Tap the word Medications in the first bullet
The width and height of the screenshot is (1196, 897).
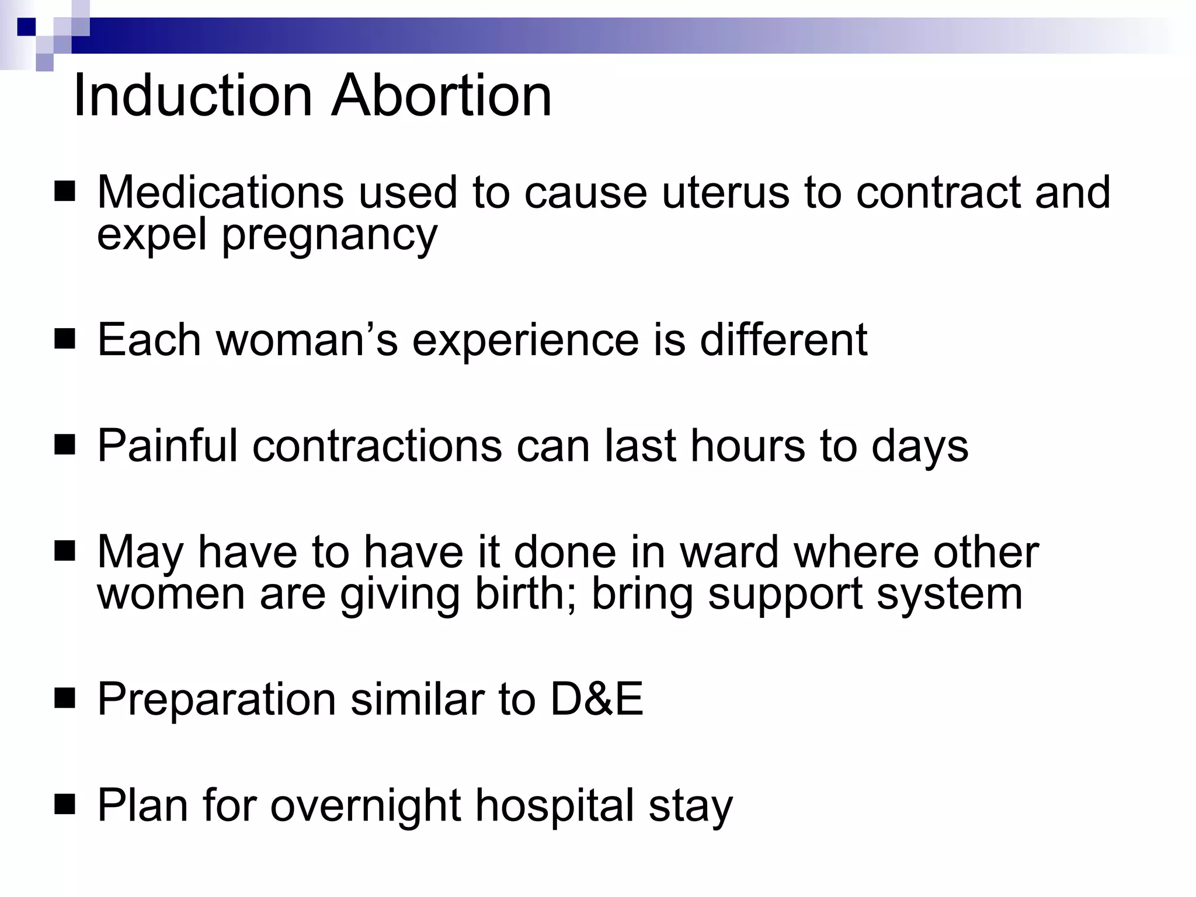(x=220, y=192)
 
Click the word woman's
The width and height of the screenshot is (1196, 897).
(x=307, y=340)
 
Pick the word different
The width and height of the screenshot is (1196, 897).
(x=783, y=340)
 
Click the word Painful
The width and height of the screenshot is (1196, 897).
(x=167, y=446)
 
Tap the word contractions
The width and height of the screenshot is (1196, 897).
(x=377, y=446)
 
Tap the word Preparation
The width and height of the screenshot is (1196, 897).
(x=216, y=700)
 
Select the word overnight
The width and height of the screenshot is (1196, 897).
(x=366, y=806)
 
